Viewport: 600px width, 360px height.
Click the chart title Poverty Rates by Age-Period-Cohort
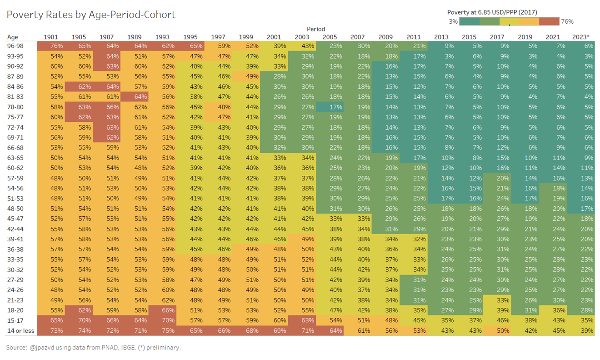91,15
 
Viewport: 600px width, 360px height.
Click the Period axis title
315,29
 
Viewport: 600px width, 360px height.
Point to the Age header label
12,37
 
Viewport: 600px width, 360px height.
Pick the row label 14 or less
20,330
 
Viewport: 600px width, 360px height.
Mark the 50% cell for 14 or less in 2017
497,330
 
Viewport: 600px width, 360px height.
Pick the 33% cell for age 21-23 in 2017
497,300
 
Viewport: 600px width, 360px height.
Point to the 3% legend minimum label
453,21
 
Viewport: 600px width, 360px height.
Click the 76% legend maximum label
567,21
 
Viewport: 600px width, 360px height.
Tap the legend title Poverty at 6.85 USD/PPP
492,12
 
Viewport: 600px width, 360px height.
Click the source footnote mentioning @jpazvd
93,348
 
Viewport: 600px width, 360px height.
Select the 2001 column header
274,37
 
